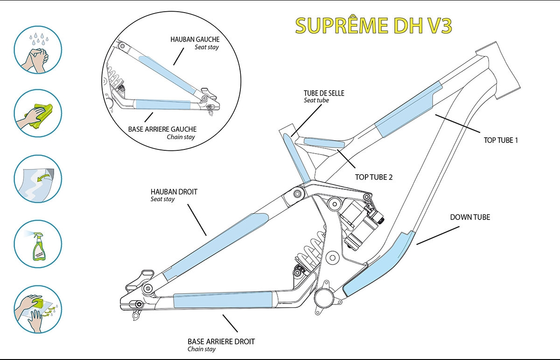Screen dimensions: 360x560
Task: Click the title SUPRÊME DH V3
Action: point(373,27)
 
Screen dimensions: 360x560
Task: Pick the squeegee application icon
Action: point(38,310)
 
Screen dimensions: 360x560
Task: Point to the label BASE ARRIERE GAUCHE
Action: point(163,129)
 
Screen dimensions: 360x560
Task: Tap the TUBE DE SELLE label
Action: point(323,93)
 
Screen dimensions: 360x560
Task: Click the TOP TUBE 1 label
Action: point(499,140)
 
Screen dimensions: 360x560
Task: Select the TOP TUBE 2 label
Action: point(374,177)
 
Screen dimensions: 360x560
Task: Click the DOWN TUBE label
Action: point(470,217)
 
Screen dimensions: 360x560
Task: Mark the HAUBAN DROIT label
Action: point(174,191)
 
